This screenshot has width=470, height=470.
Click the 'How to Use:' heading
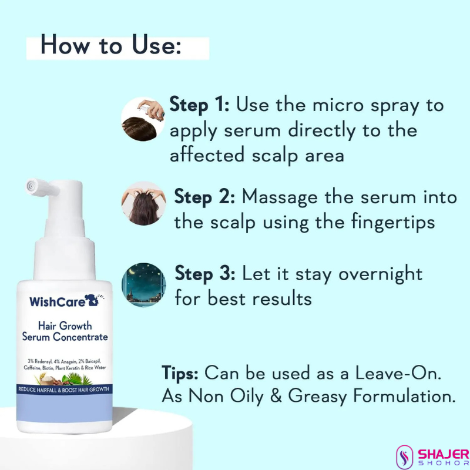pos(111,45)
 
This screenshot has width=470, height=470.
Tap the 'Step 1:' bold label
pos(199,105)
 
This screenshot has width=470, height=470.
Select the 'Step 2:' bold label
pos(204,197)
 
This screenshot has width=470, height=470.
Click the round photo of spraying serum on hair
pos(143,119)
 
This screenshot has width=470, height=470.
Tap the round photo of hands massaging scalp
pos(143,203)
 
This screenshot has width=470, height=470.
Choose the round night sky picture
pos(143,285)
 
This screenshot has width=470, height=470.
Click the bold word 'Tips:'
pos(180,374)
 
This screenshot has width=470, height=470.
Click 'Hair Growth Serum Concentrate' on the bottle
pos(65,331)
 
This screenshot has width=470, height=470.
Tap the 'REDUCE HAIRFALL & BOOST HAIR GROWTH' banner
pos(64,390)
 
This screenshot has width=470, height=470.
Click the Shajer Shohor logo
pos(432,457)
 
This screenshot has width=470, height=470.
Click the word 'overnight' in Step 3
pos(380,274)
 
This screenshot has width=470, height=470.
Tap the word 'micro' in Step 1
pos(338,105)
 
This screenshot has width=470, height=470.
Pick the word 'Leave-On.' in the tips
pos(398,374)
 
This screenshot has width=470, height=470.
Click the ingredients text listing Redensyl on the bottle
pos(65,364)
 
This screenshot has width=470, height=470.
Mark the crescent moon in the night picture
pos(132,271)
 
